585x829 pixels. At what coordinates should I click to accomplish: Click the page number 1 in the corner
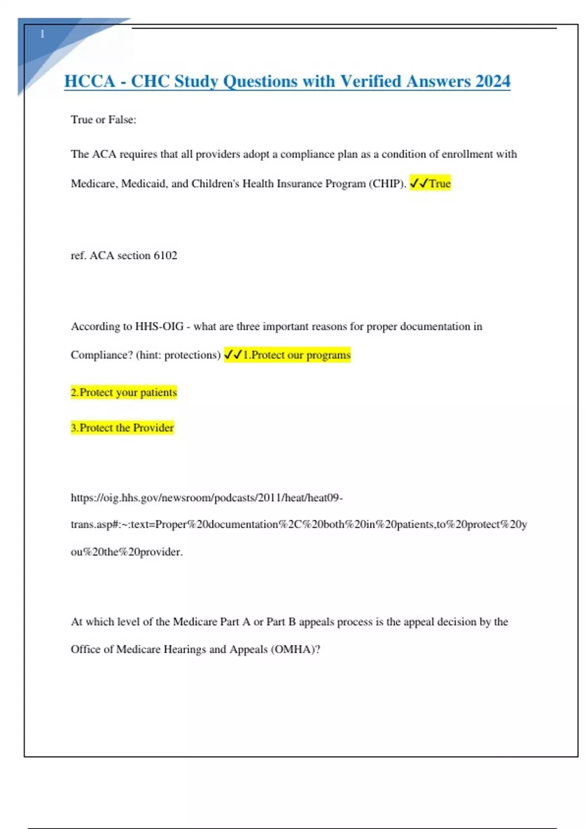(42, 34)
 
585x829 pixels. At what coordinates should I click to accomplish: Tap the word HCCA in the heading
(90, 81)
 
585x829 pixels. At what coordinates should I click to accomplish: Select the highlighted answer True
(440, 183)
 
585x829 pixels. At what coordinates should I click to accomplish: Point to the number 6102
(165, 255)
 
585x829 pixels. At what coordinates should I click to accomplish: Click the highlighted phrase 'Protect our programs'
(301, 355)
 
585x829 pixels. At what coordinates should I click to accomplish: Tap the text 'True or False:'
(103, 119)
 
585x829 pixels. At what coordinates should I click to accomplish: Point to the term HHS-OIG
(159, 326)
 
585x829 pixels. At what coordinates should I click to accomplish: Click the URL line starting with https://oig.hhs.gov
(207, 497)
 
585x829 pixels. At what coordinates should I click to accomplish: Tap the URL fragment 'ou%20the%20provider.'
(127, 552)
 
